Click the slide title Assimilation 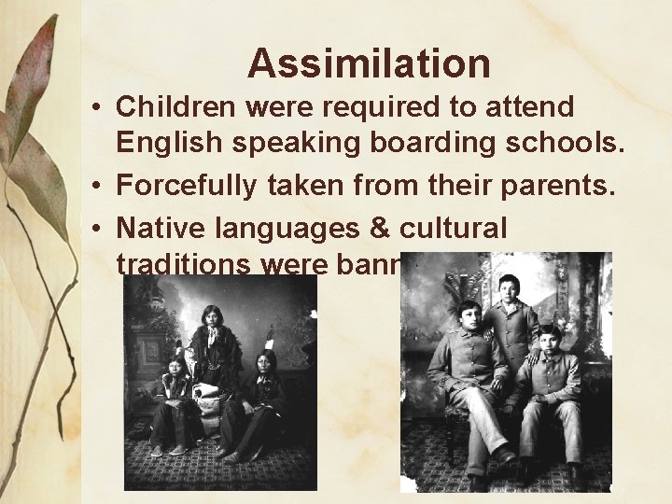point(369,63)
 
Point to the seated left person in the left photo point(173,401)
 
